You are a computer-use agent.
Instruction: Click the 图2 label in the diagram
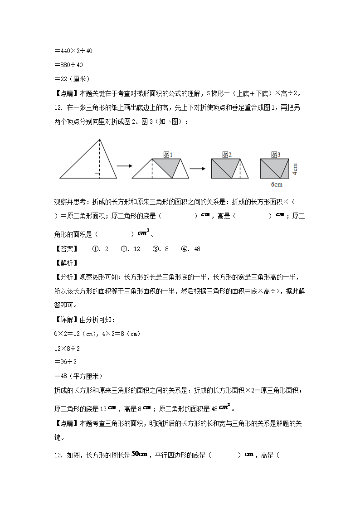[x=227, y=155]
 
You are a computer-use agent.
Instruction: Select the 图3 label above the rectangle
[x=276, y=155]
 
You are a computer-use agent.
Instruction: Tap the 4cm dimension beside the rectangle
[x=294, y=169]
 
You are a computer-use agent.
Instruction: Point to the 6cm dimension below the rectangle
[x=277, y=184]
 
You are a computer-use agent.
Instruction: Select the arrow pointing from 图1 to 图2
[x=197, y=169]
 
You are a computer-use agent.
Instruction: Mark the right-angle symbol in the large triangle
[x=97, y=175]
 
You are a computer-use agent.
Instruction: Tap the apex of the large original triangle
[x=100, y=139]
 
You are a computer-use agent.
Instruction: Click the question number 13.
[x=58, y=455]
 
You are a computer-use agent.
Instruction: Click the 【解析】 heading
[x=66, y=263]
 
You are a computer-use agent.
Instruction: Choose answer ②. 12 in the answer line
[x=131, y=249]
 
